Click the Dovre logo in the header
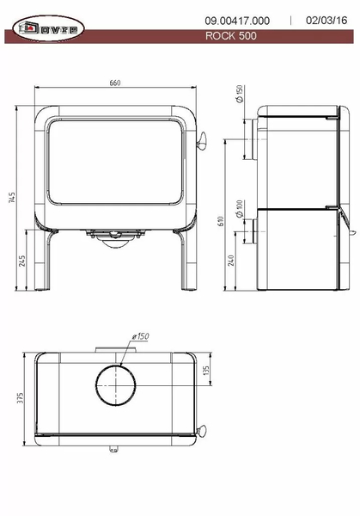(48, 28)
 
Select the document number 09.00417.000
(237, 21)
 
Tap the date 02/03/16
(326, 21)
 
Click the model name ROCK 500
(231, 35)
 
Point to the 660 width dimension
(115, 83)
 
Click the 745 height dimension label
(12, 198)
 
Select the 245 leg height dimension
(21, 261)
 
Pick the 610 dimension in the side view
(221, 221)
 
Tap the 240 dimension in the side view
(231, 261)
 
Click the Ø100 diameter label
(240, 209)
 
